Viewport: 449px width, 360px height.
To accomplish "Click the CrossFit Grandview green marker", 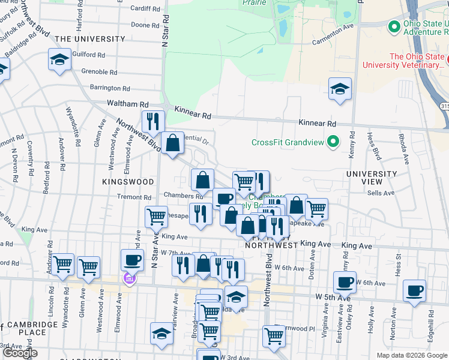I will pos(333,142).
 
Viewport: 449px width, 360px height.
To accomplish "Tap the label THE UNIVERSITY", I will pos(90,39).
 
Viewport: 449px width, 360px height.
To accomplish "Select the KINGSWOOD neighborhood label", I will pos(128,181).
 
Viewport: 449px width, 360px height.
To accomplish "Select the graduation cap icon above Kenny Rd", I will pos(340,89).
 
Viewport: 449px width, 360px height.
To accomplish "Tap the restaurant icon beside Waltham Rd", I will pos(153,121).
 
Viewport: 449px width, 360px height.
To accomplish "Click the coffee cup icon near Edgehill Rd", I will pos(414,290).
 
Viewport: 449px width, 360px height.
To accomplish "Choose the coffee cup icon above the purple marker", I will pos(133,260).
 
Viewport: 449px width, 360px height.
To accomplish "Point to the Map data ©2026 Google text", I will pos(411,355).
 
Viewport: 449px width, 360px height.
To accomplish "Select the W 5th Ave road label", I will pos(333,297).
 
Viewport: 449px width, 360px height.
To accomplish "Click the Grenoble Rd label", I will pos(102,71).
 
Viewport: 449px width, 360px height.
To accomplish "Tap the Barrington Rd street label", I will pos(110,88).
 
